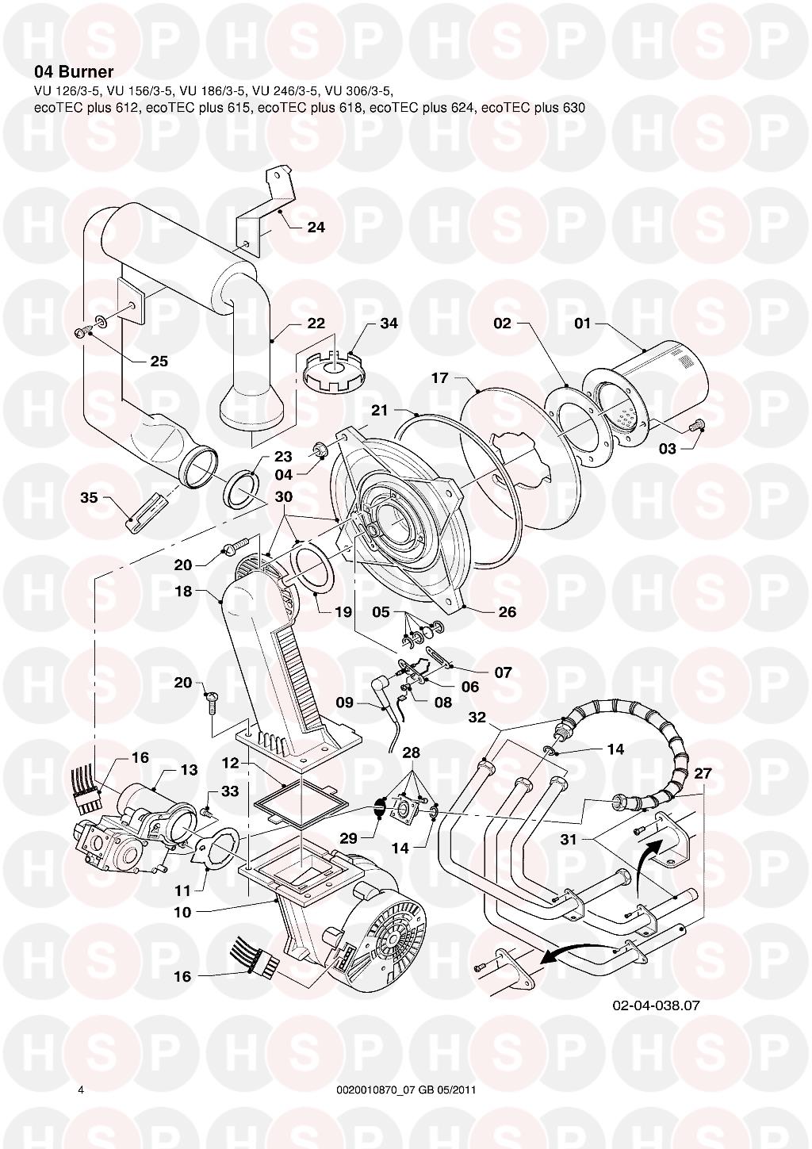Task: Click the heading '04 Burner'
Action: pyautogui.click(x=74, y=72)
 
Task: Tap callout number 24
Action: pyautogui.click(x=316, y=228)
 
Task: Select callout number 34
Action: pyautogui.click(x=389, y=324)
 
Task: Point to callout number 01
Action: pyautogui.click(x=583, y=324)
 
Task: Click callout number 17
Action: pyautogui.click(x=439, y=378)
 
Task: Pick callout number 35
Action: pyautogui.click(x=89, y=498)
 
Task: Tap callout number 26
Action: pyautogui.click(x=507, y=612)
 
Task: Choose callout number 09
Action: pyautogui.click(x=344, y=702)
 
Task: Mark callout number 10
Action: pyautogui.click(x=182, y=912)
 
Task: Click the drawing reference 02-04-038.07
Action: pyautogui.click(x=656, y=1005)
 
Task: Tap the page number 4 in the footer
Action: pyautogui.click(x=81, y=1090)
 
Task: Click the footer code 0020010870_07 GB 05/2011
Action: pyautogui.click(x=406, y=1090)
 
